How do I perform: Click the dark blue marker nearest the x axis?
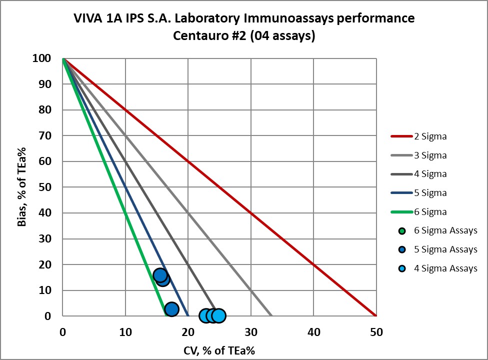tap(171, 309)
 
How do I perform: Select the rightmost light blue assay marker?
tap(218, 315)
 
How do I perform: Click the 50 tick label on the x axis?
tap(376, 331)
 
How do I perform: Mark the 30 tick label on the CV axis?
tap(250, 331)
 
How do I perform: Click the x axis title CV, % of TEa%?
tap(219, 350)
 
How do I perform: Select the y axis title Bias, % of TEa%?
tap(22, 187)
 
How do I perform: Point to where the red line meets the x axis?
tap(376, 315)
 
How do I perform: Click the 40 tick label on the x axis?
tap(313, 331)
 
